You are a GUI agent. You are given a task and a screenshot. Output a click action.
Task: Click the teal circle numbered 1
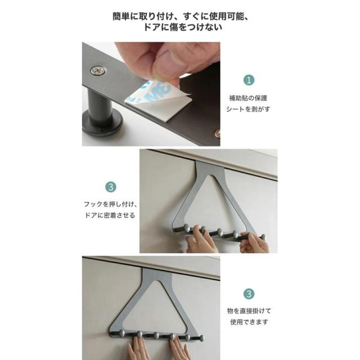[x=249, y=80]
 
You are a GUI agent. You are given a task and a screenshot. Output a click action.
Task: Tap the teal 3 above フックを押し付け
[x=111, y=187]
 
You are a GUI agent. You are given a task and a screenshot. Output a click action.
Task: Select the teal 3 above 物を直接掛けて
[x=249, y=294]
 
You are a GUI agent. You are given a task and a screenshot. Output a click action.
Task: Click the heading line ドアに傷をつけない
[x=183, y=27]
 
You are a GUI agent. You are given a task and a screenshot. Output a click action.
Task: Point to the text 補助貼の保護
[x=248, y=98]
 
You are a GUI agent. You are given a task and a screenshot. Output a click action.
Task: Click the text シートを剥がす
[x=248, y=109]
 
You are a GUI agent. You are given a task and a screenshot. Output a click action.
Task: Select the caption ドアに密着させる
[x=110, y=215]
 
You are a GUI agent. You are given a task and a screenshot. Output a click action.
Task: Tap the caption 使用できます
[x=249, y=322]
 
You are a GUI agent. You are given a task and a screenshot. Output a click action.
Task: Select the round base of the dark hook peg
[x=102, y=121]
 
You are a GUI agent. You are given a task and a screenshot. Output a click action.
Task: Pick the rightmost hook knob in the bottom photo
[x=201, y=337]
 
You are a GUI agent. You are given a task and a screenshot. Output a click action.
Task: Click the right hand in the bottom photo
[x=179, y=348]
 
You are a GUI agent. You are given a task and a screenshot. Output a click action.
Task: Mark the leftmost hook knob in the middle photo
[x=187, y=227]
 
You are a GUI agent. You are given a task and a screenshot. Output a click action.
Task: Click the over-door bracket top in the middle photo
[x=210, y=165]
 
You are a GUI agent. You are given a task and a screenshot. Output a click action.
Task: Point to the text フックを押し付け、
[x=110, y=204]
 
